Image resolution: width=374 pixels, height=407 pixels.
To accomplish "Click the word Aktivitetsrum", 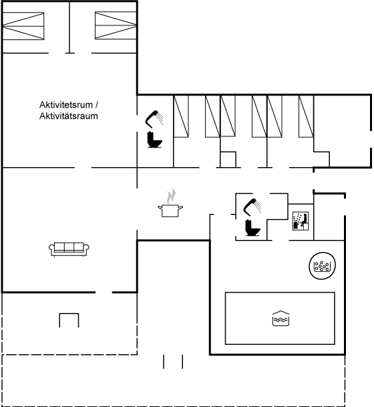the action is [66, 105].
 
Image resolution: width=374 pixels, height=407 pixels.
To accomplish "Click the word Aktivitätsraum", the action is [69, 116].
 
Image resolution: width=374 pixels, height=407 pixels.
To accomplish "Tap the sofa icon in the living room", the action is [69, 249].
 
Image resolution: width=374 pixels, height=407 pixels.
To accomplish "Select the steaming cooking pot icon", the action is [170, 203].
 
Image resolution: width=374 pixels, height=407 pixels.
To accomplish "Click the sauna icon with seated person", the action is [301, 221].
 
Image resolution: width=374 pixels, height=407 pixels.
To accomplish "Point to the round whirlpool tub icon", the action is [323, 265].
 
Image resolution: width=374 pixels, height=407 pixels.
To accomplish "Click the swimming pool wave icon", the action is [280, 318].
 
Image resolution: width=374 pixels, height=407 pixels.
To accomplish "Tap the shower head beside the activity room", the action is [154, 119].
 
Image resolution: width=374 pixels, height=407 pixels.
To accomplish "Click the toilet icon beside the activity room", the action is [154, 140].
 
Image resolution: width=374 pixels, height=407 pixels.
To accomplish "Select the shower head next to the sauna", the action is [252, 207].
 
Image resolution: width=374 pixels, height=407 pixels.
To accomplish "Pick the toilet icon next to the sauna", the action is [252, 228].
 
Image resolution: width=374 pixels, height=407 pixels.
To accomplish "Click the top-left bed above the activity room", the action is [23, 26].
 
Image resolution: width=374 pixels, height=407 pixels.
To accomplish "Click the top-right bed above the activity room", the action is [116, 25].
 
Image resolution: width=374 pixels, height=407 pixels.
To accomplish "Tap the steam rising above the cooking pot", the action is [171, 196].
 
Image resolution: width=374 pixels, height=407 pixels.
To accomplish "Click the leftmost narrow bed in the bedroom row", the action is [181, 116].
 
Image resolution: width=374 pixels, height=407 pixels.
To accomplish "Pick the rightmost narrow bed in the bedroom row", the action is [306, 116].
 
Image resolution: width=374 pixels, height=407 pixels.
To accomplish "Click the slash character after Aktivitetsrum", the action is [96, 105].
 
